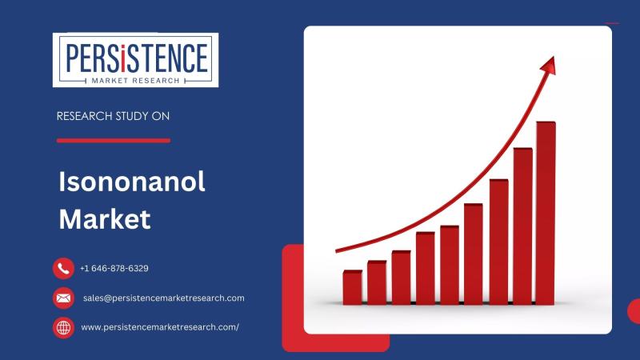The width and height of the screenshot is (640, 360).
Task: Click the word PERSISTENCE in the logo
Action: (x=136, y=58)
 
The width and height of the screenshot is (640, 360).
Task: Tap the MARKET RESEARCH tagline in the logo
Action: (x=135, y=81)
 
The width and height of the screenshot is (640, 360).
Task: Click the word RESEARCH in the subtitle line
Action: (x=84, y=116)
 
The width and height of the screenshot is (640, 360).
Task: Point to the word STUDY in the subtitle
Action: (x=132, y=116)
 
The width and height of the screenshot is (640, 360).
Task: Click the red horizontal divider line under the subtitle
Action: (x=114, y=141)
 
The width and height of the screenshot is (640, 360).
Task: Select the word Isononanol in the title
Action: (x=132, y=182)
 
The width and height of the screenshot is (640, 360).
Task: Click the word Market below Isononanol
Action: (x=105, y=219)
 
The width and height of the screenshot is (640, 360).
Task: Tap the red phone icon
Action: (x=63, y=268)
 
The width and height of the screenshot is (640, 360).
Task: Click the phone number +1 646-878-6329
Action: (x=114, y=268)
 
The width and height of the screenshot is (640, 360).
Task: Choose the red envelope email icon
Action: (x=63, y=298)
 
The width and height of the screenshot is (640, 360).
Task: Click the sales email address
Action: (x=164, y=298)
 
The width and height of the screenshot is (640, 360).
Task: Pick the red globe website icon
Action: (x=63, y=328)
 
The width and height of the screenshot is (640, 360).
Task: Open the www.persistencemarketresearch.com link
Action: (x=160, y=327)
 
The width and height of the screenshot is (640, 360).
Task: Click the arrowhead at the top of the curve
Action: (x=549, y=66)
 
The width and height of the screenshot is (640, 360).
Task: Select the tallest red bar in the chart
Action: (x=546, y=213)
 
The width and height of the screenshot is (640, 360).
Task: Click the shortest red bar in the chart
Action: (x=352, y=287)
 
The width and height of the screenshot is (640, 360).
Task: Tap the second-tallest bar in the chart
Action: (x=522, y=226)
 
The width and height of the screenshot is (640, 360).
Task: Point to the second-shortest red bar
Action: (x=377, y=282)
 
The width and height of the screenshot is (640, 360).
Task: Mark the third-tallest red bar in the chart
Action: (x=498, y=242)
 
